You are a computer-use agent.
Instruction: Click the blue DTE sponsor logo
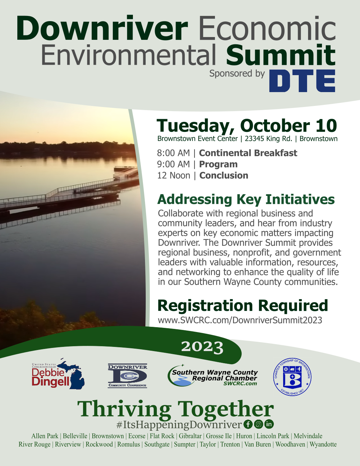pos(302,81)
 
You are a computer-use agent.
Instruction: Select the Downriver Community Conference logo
pos(128,376)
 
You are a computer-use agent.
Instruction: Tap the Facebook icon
pos(248,424)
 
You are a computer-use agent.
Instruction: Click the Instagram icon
pos(259,424)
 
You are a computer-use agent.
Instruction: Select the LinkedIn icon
pos(269,424)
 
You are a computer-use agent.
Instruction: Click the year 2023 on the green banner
pos(202,347)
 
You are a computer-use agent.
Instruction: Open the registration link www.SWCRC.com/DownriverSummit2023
pos(240,320)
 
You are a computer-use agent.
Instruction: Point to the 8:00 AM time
pos(173,153)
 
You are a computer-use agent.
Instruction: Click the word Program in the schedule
pos(218,164)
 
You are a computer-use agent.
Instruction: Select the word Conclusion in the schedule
pos(224,176)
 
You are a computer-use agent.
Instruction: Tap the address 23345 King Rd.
pos(269,139)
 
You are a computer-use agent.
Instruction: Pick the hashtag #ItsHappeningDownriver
pos(179,424)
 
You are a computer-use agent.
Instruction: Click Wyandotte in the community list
pos(323,445)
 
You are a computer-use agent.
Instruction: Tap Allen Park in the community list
pos(45,436)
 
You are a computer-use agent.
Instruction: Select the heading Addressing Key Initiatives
pos(246,200)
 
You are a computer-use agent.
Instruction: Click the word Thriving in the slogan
pos(124,410)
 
